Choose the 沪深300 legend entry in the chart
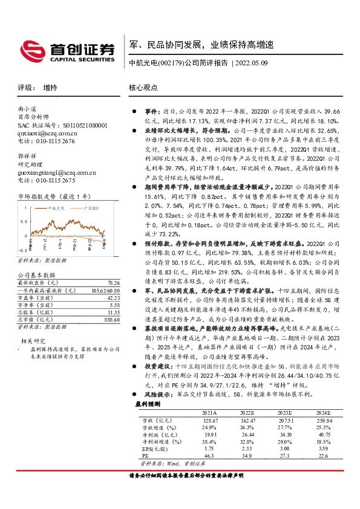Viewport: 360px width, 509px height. click(x=90, y=208)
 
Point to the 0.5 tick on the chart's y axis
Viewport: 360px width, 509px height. click(x=24, y=212)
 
